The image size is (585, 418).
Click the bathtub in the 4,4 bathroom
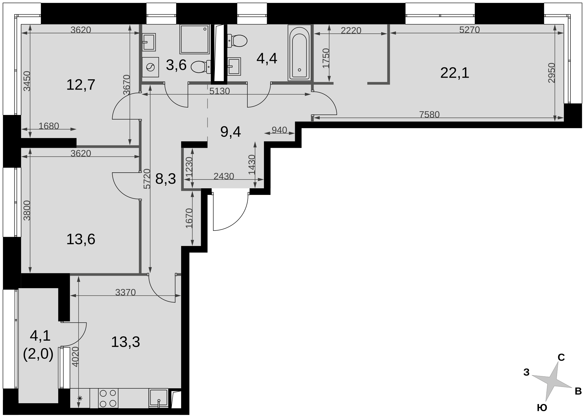(299, 52)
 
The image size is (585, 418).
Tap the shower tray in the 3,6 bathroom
(195, 39)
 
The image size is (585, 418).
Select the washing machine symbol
(150, 67)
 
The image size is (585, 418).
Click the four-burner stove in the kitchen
(108, 398)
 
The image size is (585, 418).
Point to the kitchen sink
(159, 398)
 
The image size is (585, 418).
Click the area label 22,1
(455, 73)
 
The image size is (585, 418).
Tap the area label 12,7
(81, 85)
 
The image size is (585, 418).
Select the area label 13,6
(81, 239)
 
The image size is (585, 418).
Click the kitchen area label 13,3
(125, 342)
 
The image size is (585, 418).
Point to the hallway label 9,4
(231, 132)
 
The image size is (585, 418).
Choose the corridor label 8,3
(165, 179)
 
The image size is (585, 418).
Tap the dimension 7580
(429, 114)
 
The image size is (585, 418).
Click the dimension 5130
(219, 91)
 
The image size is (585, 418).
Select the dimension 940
(279, 130)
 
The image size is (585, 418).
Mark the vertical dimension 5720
(147, 179)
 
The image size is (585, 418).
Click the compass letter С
(561, 358)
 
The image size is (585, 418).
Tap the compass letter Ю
(542, 408)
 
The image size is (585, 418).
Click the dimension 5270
(469, 30)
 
